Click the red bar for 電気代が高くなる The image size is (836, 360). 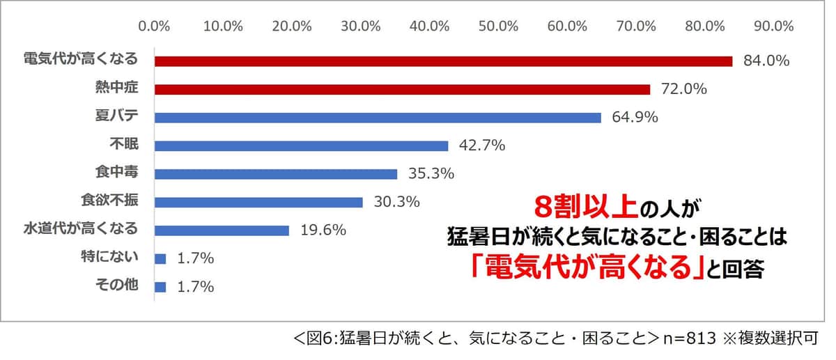(x=443, y=61)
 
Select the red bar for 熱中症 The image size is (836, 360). (x=402, y=89)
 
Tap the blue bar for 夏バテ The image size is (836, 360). (x=378, y=118)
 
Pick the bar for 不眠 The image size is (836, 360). (x=301, y=146)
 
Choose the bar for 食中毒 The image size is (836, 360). (x=276, y=174)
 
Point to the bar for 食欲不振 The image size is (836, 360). (x=258, y=202)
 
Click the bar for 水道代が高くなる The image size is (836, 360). (x=222, y=230)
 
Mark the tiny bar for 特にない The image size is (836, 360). (x=160, y=259)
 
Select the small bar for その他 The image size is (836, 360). (x=160, y=287)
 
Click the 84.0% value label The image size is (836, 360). (x=766, y=61)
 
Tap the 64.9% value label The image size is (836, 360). (x=635, y=118)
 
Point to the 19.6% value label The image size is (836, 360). (x=323, y=230)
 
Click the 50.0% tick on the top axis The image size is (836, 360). (x=498, y=26)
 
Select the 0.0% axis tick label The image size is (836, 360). (x=155, y=26)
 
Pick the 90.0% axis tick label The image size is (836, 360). (x=773, y=26)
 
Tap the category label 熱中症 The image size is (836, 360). (x=116, y=88)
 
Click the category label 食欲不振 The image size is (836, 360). (x=109, y=201)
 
